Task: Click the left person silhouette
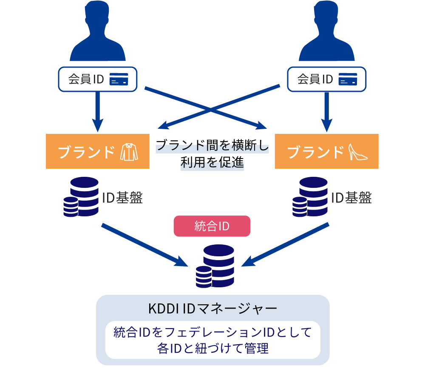[97, 32]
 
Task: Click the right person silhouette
[326, 32]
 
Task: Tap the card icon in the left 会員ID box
[119, 79]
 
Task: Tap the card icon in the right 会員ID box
[348, 79]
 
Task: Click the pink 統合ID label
[212, 226]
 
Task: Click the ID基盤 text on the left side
[122, 198]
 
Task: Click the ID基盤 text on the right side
[351, 198]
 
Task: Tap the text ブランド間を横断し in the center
[212, 146]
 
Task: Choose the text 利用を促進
[212, 162]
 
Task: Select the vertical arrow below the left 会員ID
[97, 111]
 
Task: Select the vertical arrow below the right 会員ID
[326, 111]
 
